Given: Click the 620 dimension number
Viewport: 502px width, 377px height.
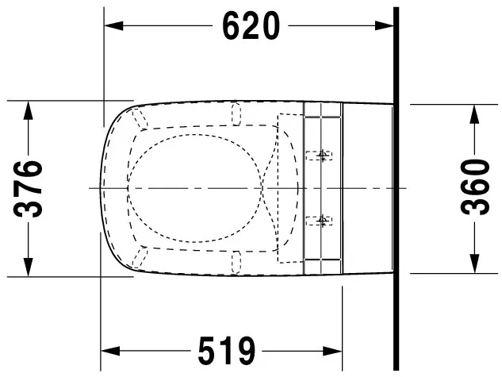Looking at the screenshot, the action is [251, 26].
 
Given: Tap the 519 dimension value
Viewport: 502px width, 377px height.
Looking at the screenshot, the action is [227, 351].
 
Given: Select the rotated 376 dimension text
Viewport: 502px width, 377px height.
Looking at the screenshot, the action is [29, 189].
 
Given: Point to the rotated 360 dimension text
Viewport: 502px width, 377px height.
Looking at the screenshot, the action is [475, 187].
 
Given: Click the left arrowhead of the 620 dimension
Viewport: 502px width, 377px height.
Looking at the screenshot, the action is [113, 26].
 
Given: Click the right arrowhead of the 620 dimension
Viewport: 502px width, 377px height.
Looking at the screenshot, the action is [384, 26].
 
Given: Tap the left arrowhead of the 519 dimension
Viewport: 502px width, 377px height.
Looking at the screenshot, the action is [110, 351].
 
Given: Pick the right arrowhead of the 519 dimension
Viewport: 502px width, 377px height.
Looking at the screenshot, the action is [332, 351].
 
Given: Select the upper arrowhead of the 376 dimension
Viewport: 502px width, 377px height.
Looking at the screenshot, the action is [29, 110].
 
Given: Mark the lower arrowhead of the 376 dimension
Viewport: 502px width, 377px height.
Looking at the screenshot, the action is [29, 267].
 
